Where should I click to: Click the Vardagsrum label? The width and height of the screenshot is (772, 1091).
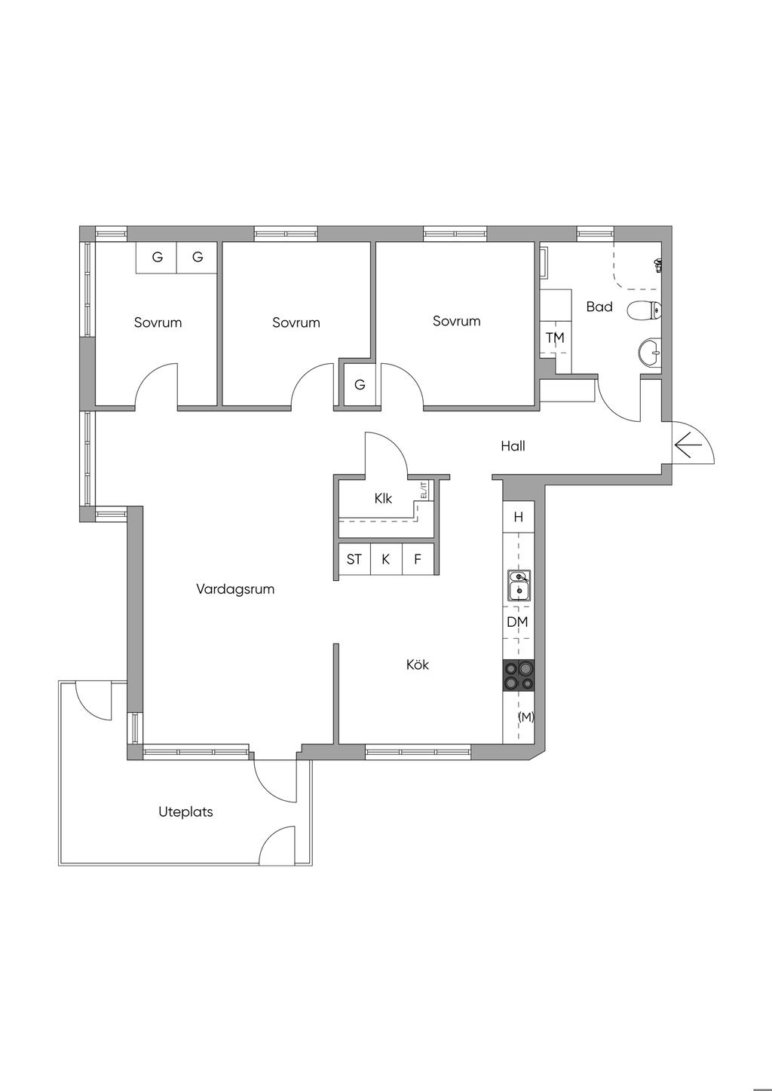235,589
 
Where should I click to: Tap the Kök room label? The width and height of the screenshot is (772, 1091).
418,665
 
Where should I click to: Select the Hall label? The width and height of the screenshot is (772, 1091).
513,445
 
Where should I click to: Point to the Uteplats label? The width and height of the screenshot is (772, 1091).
185,812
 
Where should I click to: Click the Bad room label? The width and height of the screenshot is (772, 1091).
599,307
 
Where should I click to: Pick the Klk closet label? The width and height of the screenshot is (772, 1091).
383,499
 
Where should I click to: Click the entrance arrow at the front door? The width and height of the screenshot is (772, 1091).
688,445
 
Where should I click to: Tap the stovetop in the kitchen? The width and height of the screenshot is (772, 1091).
518,675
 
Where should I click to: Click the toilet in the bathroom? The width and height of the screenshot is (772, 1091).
645,310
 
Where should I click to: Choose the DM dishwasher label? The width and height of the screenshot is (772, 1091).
518,622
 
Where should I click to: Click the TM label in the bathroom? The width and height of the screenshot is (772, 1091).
555,338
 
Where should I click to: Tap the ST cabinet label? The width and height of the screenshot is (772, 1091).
354,559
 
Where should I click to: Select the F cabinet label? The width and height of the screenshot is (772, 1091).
418,559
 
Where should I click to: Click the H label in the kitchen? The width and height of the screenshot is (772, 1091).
519,517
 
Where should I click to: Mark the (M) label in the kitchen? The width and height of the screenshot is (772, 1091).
526,717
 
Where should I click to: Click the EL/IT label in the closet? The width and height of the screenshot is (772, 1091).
423,490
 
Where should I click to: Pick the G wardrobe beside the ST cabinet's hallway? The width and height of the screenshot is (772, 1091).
360,385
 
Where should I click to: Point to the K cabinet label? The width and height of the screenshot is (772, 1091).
385,559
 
